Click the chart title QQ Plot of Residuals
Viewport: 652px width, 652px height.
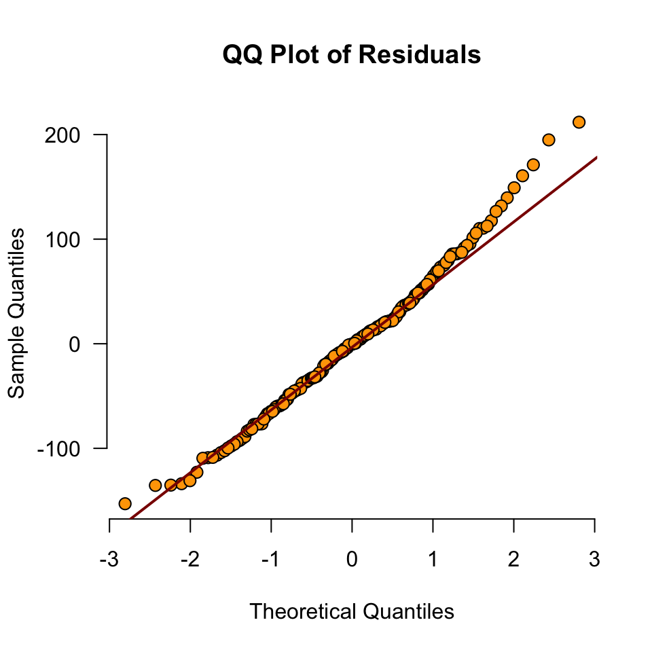point(352,54)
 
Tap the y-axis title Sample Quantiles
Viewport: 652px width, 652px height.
point(18,312)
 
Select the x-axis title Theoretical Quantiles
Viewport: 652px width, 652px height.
point(352,611)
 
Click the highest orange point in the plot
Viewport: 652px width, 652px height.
point(579,122)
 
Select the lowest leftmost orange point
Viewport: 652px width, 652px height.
point(125,503)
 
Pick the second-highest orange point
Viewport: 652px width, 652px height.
point(549,140)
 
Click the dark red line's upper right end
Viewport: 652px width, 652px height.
point(596,158)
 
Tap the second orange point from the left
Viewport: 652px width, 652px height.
point(155,485)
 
